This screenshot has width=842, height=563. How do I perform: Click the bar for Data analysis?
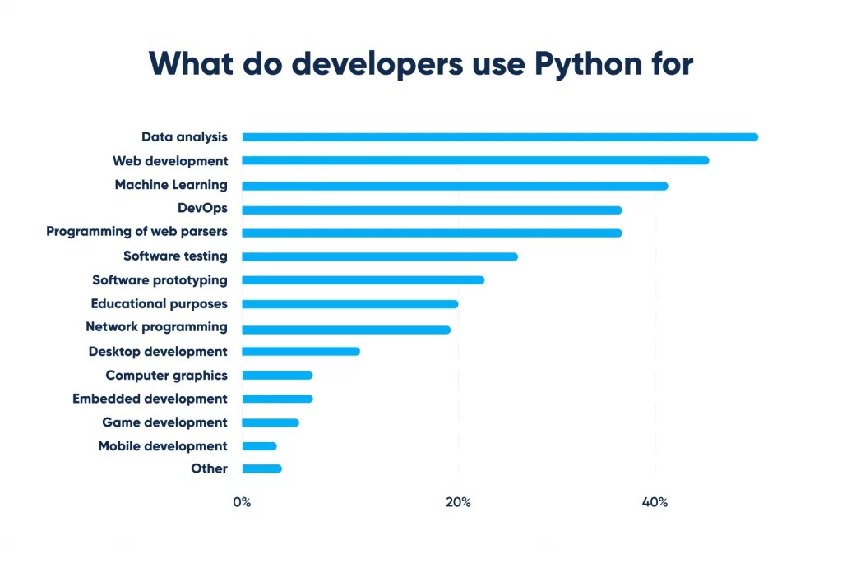500,137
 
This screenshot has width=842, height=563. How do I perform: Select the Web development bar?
475,160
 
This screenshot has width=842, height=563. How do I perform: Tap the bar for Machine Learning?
455,186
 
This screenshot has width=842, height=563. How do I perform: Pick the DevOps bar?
432,210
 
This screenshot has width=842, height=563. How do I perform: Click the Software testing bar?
380,256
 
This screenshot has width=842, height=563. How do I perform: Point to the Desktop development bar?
301,351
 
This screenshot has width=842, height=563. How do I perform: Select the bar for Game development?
271,422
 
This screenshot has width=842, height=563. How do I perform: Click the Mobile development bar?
259,446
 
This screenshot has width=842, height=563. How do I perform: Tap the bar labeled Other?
261,468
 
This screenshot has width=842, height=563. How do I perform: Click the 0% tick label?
242,502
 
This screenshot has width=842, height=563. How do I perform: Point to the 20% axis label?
458,502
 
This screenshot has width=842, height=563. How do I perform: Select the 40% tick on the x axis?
655,502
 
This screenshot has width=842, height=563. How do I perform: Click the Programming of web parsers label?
136,232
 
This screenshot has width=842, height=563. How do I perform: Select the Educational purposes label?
159,303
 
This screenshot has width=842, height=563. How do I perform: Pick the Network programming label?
156,327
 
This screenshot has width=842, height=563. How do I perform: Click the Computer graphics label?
166,376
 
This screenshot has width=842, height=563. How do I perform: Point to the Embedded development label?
150,399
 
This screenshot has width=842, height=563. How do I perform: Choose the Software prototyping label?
160,279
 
